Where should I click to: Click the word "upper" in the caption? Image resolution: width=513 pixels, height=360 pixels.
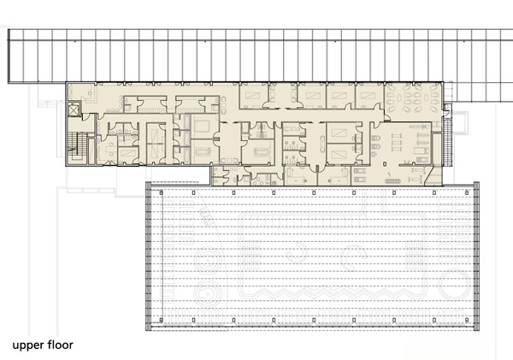(x=28, y=345)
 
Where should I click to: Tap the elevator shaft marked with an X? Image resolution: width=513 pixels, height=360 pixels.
(x=74, y=109)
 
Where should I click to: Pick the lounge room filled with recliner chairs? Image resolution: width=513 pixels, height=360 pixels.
(x=413, y=97)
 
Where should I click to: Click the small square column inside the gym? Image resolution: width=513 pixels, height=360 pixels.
(x=386, y=162)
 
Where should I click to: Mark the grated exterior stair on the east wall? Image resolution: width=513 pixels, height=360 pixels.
(x=447, y=143)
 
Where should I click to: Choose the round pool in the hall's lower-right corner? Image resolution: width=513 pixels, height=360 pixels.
(x=456, y=283)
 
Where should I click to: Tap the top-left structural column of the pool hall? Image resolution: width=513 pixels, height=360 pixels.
(x=161, y=192)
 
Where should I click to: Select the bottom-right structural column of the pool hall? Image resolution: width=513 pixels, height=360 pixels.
(x=467, y=320)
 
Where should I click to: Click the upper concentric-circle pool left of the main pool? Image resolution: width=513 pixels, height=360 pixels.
(x=208, y=261)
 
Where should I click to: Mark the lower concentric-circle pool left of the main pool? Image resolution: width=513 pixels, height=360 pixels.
(x=208, y=293)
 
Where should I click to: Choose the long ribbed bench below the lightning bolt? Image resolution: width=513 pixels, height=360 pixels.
(x=392, y=181)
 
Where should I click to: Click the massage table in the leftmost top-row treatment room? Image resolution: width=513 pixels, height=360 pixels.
(x=253, y=96)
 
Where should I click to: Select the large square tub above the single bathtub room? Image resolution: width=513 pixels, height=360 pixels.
(x=203, y=126)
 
